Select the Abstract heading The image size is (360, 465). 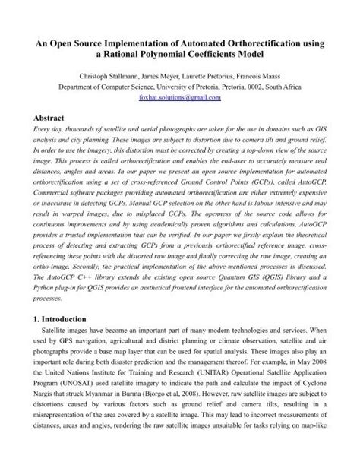(x=44, y=119)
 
